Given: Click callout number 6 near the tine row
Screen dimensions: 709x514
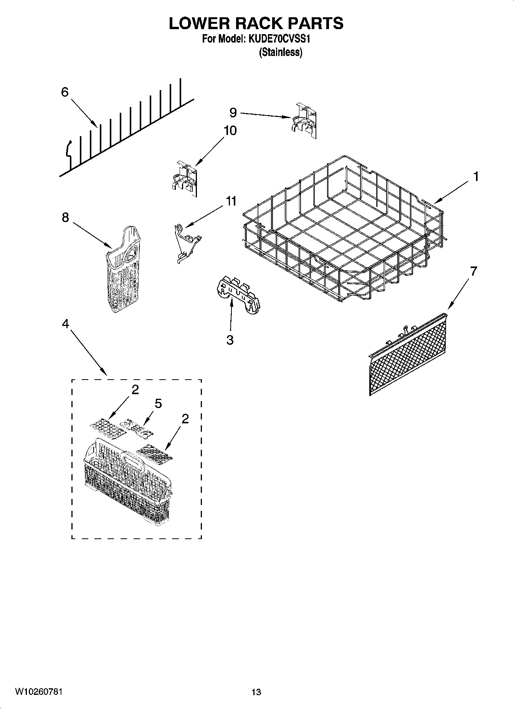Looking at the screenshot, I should (64, 92).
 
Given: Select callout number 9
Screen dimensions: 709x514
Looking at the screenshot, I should (233, 112).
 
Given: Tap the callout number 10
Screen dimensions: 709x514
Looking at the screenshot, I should (230, 130).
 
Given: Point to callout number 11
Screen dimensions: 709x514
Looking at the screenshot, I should (231, 201).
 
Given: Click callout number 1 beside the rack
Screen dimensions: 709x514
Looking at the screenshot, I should (476, 177).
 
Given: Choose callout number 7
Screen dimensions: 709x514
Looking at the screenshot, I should (473, 271).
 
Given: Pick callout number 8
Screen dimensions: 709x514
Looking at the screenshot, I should (65, 217).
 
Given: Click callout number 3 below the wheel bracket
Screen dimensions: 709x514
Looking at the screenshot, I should (230, 340).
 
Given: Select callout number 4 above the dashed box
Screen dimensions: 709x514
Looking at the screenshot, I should (65, 324).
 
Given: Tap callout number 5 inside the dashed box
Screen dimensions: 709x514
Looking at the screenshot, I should (158, 403).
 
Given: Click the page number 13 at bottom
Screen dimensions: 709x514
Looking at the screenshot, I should (256, 692).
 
